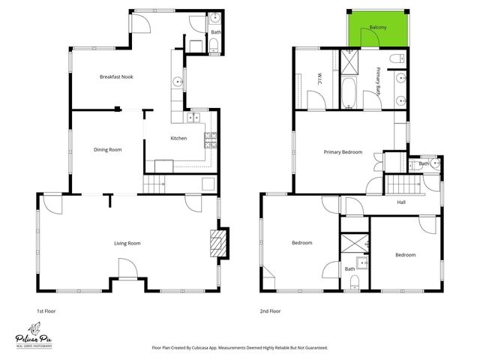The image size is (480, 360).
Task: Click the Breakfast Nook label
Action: pos(116,76)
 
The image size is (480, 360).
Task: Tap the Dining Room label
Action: pos(107,149)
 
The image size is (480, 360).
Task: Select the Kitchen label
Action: pos(178,138)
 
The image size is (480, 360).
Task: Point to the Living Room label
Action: pos(127,243)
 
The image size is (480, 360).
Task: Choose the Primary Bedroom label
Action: pos(343,152)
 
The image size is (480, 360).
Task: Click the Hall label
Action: pos(401,201)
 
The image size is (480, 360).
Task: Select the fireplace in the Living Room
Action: pos(217,244)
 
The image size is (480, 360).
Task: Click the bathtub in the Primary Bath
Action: pos(350,91)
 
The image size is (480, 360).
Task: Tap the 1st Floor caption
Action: pos(46,310)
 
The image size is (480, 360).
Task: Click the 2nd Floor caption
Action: pos(270,310)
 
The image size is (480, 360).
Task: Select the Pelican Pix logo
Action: pos(34,331)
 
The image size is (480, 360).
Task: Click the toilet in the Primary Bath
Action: pos(396,58)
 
